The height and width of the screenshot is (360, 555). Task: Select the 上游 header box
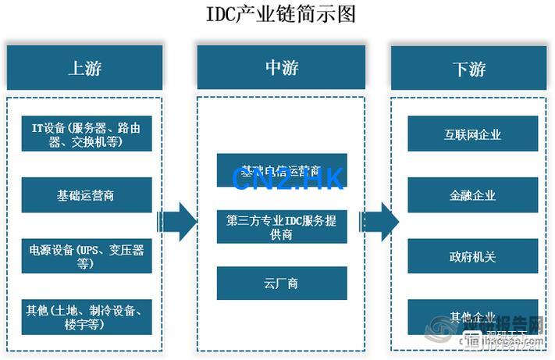pyautogui.click(x=84, y=68)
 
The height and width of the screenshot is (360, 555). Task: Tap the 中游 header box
pyautogui.click(x=282, y=68)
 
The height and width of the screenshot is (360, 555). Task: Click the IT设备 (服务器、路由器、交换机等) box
pyautogui.click(x=86, y=134)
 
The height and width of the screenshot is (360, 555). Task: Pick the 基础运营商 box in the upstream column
pyautogui.click(x=86, y=194)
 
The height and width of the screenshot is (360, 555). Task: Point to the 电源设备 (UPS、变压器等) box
pyautogui.click(x=86, y=255)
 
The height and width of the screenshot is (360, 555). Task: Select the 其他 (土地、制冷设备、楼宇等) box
pyautogui.click(x=86, y=316)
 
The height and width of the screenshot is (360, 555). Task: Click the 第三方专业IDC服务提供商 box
pyautogui.click(x=282, y=226)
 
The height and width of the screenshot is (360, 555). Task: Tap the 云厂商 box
pyautogui.click(x=282, y=283)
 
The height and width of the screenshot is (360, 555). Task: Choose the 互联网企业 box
pyautogui.click(x=473, y=134)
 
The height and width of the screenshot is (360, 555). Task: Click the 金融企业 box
pyautogui.click(x=473, y=194)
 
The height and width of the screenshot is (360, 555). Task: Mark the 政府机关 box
pyautogui.click(x=473, y=255)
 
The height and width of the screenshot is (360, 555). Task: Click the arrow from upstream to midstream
pyautogui.click(x=177, y=222)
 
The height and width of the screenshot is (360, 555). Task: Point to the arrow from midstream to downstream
pyautogui.click(x=379, y=222)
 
